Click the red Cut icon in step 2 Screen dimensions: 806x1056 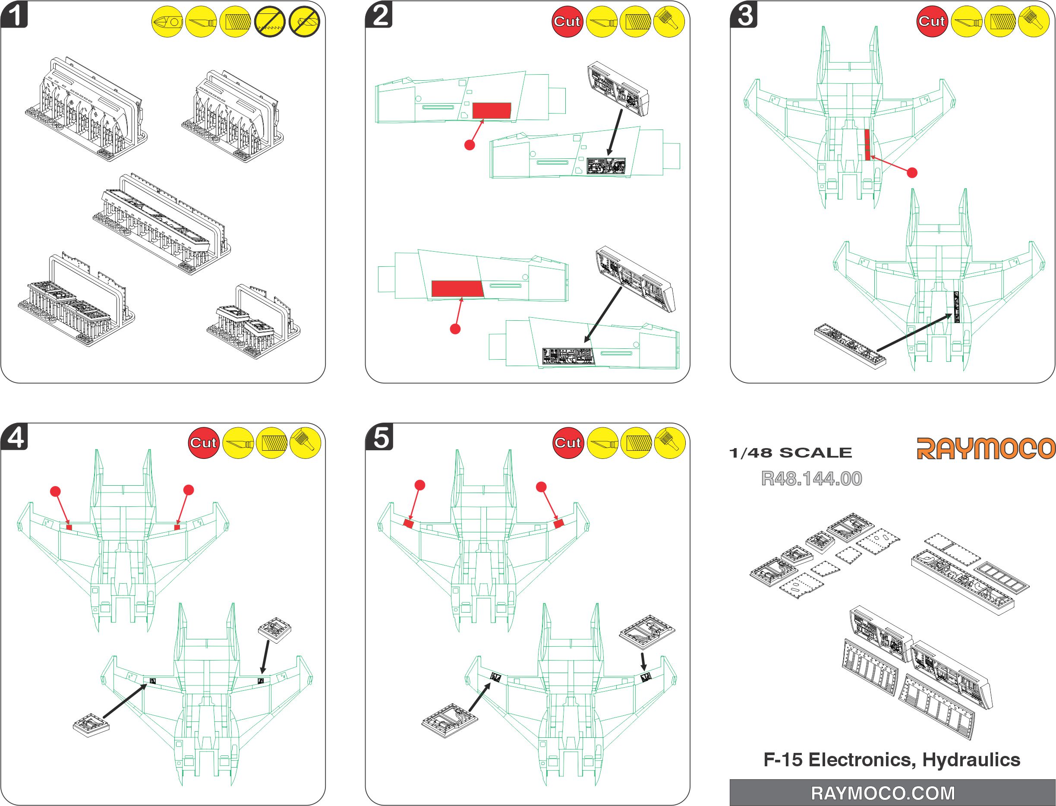pos(567,22)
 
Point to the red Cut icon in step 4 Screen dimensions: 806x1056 pos(203,443)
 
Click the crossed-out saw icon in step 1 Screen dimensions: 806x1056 pos(270,22)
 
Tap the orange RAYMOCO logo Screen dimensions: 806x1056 pos(986,448)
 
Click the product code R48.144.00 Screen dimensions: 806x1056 pos(811,478)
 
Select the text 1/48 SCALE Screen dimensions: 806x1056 pos(790,452)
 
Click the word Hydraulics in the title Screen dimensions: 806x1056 pos(971,759)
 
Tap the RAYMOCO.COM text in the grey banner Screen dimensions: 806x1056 pos(883,793)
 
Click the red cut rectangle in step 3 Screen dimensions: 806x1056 pos(867,144)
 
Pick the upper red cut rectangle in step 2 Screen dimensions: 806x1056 pos(492,111)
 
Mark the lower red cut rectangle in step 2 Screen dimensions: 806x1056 pos(457,289)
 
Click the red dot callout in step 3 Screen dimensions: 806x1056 pos(912,173)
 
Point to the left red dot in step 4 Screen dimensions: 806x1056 pos(56,491)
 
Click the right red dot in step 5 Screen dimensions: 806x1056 pos(542,487)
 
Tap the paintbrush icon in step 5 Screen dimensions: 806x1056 pos(669,443)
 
